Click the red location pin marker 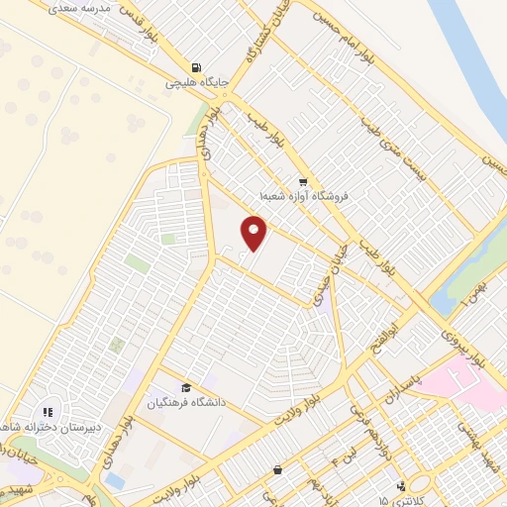254,235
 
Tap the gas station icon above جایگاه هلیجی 198,68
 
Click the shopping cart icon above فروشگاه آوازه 303,182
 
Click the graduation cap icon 185,387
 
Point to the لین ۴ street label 342,453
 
